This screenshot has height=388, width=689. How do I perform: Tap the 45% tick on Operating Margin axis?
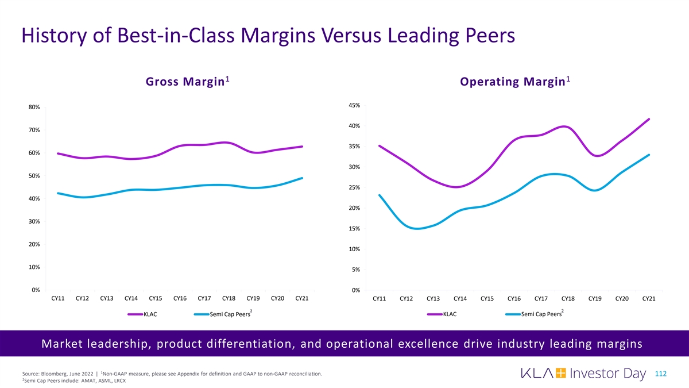tap(355, 105)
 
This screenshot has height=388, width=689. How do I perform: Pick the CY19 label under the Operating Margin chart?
tap(595, 298)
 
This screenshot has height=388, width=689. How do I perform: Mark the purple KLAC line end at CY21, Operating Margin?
tap(649, 119)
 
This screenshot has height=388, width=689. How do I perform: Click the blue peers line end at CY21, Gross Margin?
tap(301, 178)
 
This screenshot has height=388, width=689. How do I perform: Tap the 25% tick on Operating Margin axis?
tap(355, 187)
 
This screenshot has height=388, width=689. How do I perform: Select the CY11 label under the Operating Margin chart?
tap(380, 298)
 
